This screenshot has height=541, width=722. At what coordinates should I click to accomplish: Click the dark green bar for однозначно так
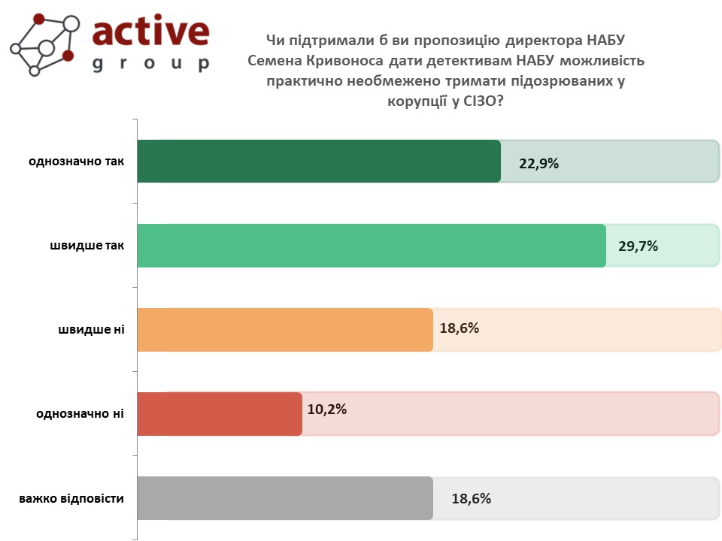coord(319,161)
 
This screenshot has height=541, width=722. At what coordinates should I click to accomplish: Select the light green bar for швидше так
coord(372,246)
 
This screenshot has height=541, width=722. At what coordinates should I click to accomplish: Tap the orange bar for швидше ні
coord(285,330)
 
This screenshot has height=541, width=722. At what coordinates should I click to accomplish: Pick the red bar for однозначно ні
coord(220,414)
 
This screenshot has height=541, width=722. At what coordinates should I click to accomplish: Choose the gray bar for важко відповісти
coord(285,498)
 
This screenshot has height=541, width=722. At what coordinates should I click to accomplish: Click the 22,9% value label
coord(538,163)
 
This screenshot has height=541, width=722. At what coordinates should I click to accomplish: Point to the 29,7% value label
coord(639,246)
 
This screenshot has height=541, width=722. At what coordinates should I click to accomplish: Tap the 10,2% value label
coord(327,409)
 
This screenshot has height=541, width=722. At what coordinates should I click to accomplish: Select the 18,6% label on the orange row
coord(459,328)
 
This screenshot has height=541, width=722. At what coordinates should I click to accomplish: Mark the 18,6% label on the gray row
coord(471,499)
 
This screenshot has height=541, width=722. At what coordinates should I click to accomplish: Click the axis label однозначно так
coord(77,162)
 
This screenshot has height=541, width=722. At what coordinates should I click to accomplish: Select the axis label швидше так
coord(87,246)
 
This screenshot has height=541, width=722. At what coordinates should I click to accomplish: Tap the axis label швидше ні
coord(91,330)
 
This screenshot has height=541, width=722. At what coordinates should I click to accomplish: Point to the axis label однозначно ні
coord(80,414)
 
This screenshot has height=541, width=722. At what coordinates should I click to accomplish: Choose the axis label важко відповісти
coord(71,499)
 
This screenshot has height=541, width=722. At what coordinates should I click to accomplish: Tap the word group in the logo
coord(151,63)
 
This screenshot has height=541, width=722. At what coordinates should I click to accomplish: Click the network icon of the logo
coord(44,44)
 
